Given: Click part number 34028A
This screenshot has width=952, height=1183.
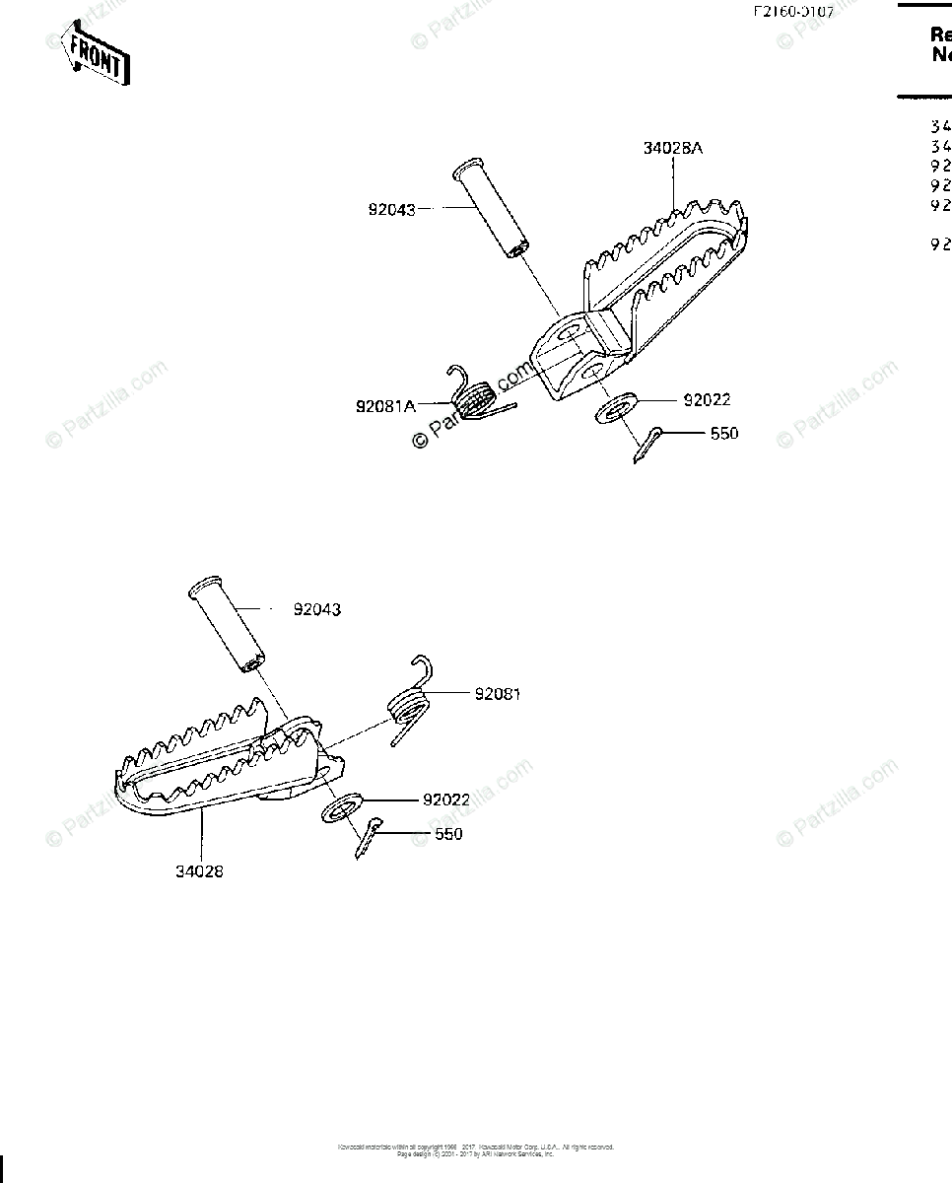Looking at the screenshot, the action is [673, 149].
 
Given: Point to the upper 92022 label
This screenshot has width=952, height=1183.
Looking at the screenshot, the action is [707, 400].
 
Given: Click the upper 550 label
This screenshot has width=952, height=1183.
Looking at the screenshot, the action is [723, 433].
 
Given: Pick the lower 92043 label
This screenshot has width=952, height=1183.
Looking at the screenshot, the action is [316, 609].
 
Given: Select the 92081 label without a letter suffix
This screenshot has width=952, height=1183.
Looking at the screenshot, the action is [498, 694].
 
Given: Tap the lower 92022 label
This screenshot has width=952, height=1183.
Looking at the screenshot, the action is [446, 800].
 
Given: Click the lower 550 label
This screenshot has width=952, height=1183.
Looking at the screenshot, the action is [448, 834].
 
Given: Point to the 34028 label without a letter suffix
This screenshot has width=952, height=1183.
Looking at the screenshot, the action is [200, 871].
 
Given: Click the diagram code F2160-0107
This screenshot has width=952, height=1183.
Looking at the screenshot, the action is [793, 13].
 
